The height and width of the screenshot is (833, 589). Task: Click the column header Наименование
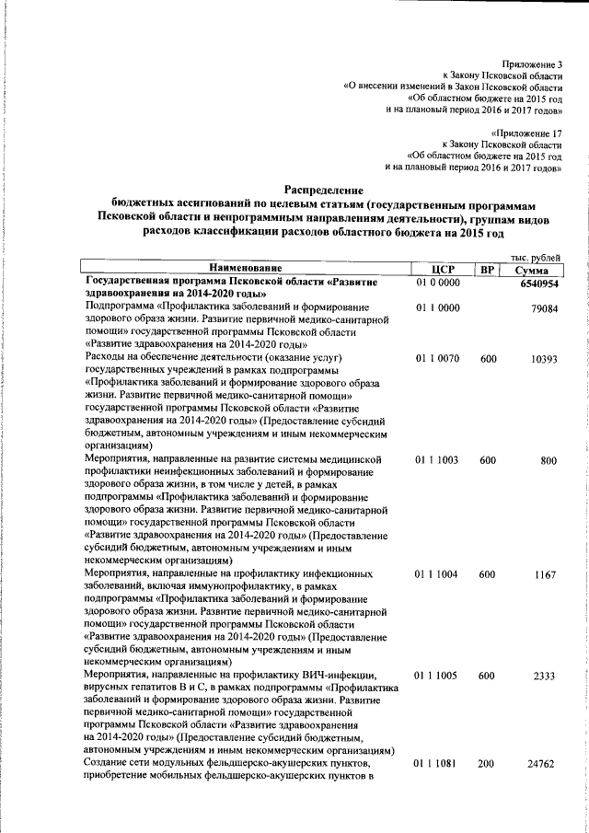(x=243, y=269)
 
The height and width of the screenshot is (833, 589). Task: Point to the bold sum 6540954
(x=537, y=283)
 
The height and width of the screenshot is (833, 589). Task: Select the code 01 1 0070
(x=437, y=357)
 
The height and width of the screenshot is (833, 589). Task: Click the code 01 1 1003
(x=437, y=458)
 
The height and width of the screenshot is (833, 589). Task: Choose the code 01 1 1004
(x=437, y=573)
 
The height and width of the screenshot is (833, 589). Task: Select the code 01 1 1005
(x=437, y=676)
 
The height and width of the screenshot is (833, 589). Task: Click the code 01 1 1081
(x=437, y=763)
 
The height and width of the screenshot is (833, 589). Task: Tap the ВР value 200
(x=487, y=763)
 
